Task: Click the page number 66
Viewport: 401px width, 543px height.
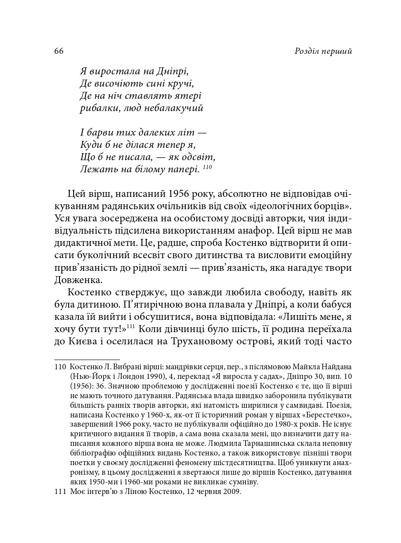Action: coord(59,52)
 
